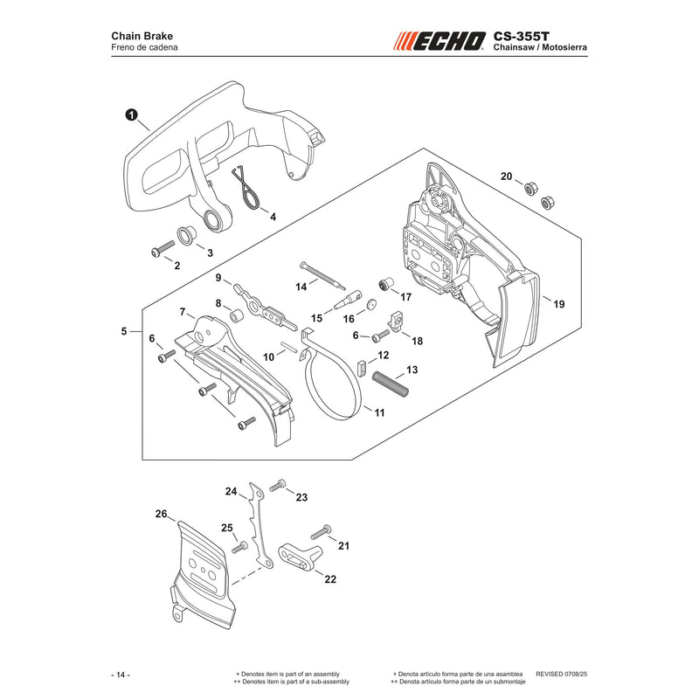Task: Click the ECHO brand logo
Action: (x=439, y=41)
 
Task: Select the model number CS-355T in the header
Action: (x=521, y=36)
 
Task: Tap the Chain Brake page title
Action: (x=142, y=36)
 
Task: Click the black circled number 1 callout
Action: (x=131, y=115)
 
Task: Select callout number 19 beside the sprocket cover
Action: (x=558, y=304)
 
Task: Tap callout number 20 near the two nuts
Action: (x=506, y=176)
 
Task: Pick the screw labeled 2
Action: (x=163, y=249)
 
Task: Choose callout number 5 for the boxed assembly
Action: (x=124, y=331)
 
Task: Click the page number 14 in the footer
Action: (x=121, y=675)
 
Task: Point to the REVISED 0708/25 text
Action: (x=561, y=674)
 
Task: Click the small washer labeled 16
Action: (x=370, y=305)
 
